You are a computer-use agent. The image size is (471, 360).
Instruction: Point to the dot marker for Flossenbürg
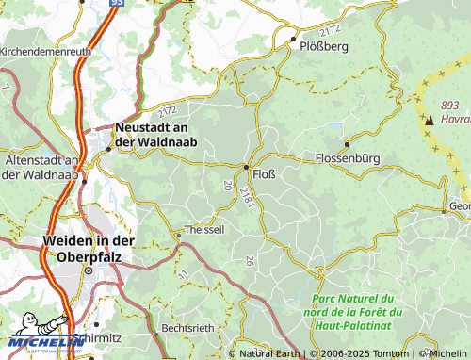(x=347, y=144)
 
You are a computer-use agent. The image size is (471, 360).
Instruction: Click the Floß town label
(x=266, y=173)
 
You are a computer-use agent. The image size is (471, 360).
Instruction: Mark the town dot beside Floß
(x=247, y=167)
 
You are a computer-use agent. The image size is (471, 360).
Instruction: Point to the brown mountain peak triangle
(x=430, y=120)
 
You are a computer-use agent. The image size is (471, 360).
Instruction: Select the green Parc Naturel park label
(x=357, y=312)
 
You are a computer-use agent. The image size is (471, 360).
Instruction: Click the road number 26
(x=249, y=260)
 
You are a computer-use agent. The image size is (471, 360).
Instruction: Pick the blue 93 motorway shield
(x=116, y=3)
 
